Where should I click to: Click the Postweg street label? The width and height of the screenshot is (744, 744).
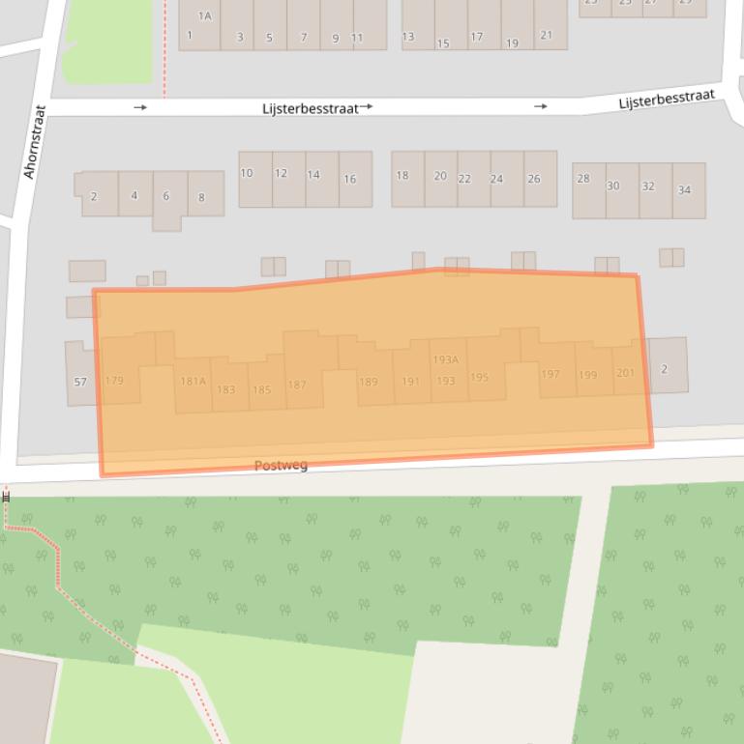(281, 466)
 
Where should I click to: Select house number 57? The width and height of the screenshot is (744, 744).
(80, 382)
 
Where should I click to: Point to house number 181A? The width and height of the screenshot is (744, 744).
(193, 382)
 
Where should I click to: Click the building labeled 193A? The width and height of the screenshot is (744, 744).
(445, 359)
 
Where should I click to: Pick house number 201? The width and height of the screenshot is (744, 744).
(625, 372)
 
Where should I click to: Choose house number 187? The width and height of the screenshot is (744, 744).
(296, 385)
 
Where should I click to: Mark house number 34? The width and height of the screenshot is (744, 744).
(684, 189)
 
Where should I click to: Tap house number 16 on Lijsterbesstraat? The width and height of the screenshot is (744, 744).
(349, 179)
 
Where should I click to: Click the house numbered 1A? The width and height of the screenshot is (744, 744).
(204, 16)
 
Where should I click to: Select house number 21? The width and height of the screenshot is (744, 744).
(547, 36)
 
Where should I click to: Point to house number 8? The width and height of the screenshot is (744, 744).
(201, 197)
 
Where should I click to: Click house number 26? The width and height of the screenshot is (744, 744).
(533, 179)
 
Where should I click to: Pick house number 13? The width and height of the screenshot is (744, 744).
(407, 37)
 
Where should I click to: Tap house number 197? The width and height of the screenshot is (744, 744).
(551, 375)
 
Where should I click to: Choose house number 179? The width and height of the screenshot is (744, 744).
(114, 381)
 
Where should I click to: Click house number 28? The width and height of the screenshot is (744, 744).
(582, 179)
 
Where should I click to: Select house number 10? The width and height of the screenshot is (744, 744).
(247, 173)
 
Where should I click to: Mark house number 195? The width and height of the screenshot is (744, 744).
(479, 378)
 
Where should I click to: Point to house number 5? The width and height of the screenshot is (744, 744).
(269, 39)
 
